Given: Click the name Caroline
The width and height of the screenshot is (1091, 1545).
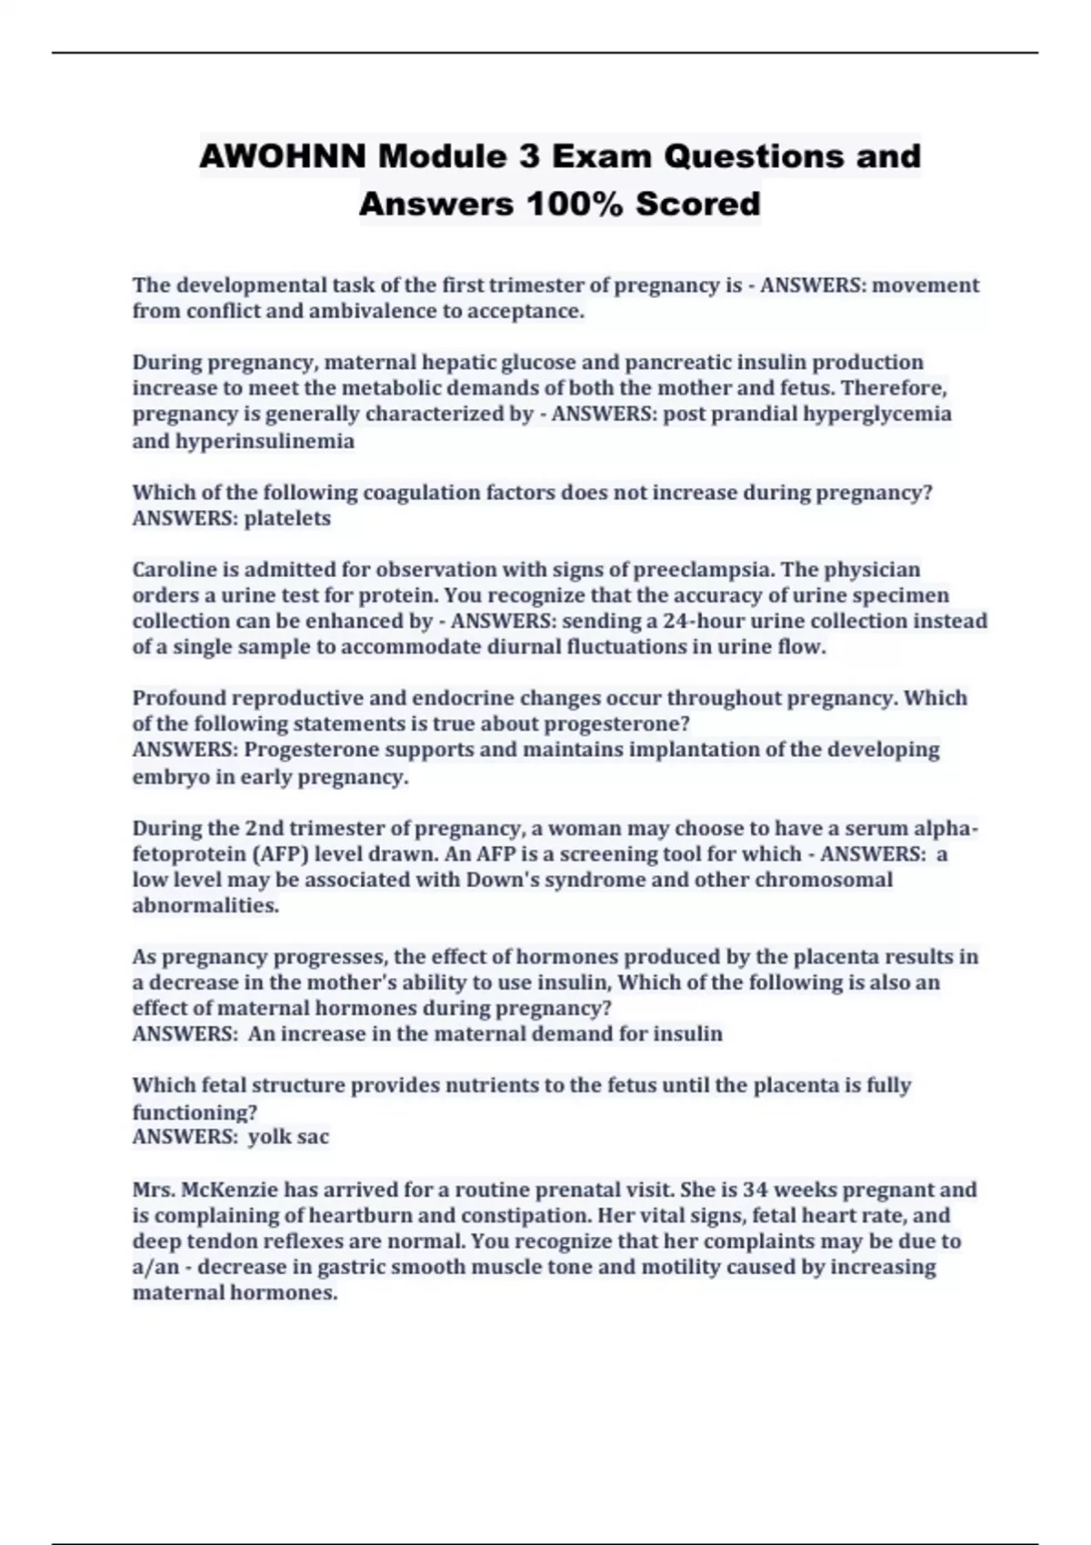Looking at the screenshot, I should [x=175, y=570].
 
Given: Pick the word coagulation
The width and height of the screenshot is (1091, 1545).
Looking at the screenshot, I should [x=422, y=493].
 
